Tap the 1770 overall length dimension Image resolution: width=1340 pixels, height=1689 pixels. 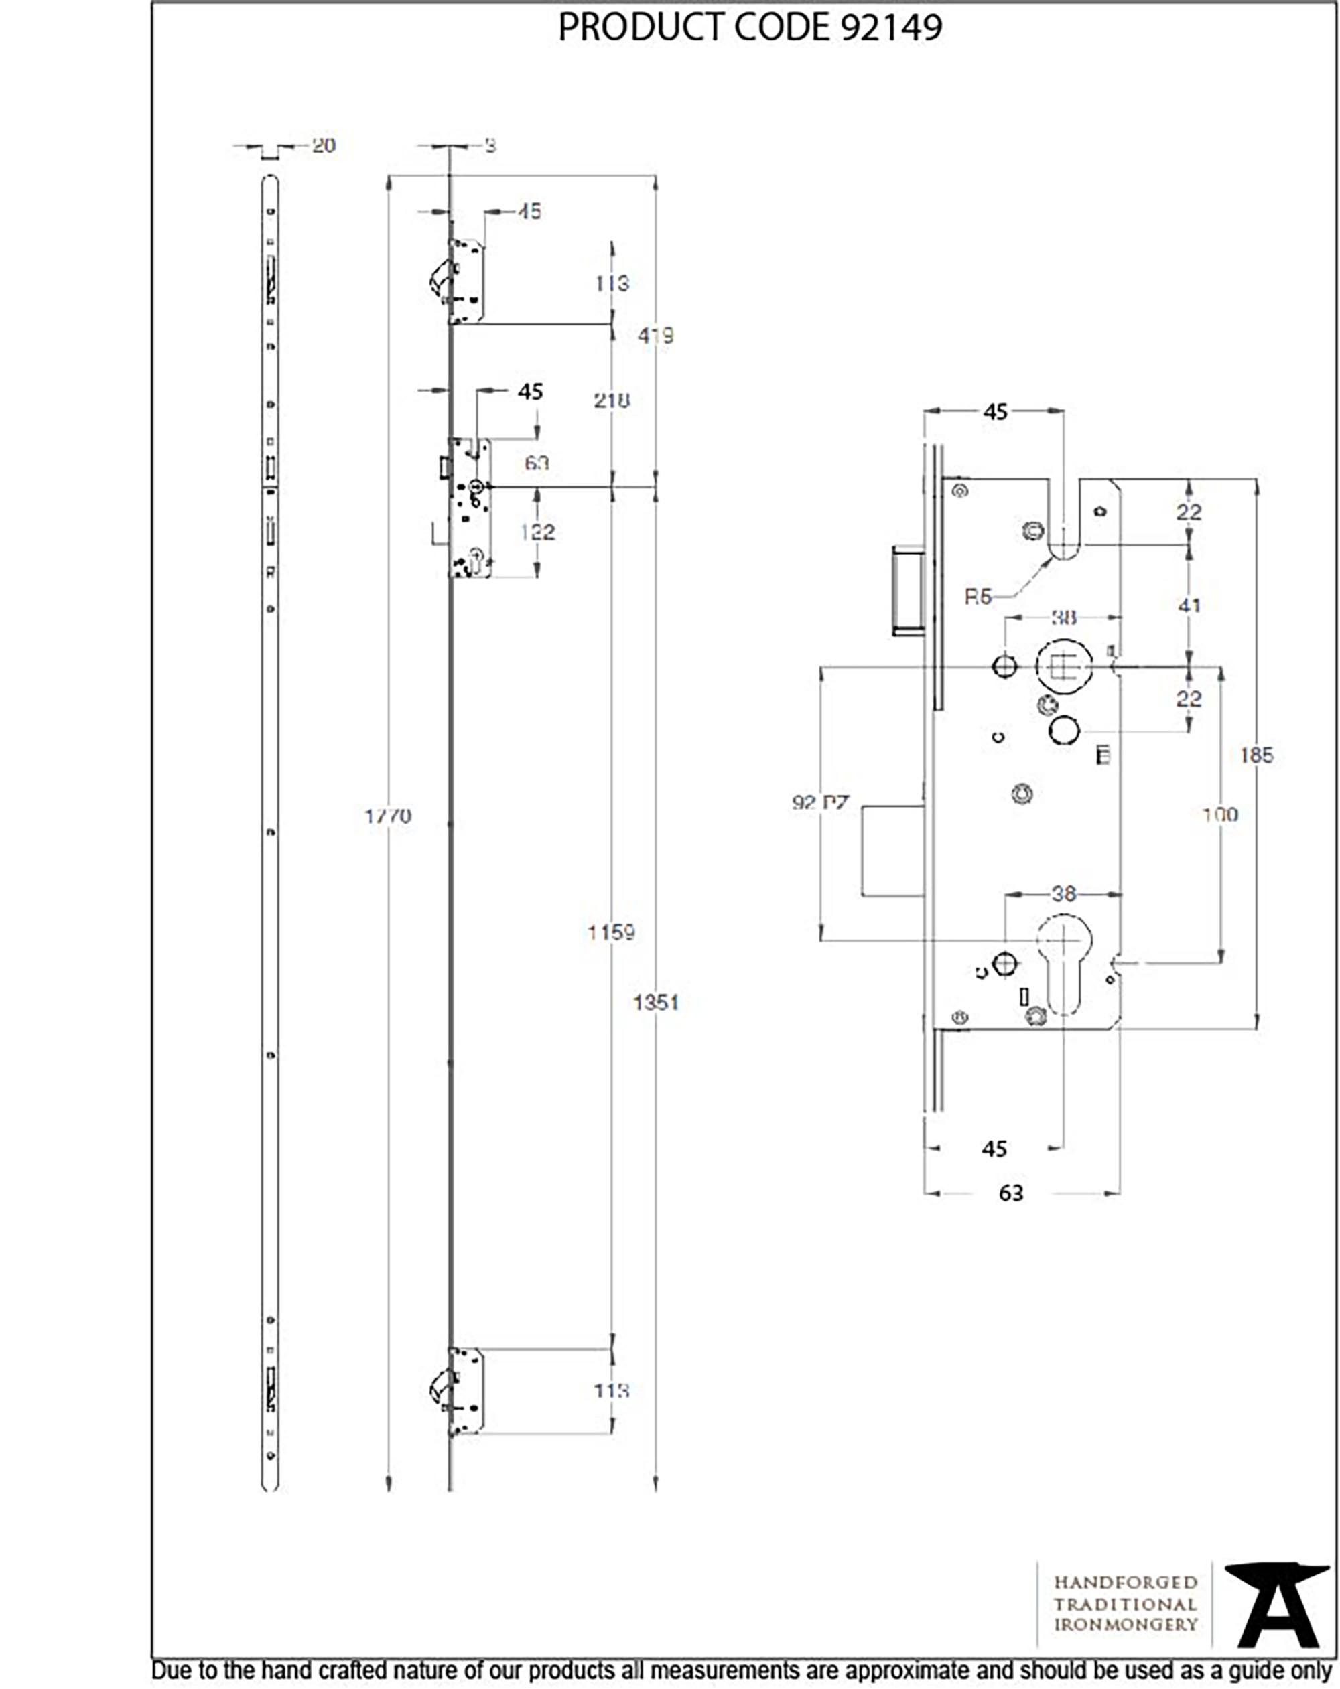(387, 816)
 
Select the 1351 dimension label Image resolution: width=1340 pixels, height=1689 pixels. (656, 1002)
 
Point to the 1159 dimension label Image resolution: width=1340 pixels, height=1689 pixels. (611, 932)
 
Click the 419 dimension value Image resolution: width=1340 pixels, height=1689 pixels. (655, 336)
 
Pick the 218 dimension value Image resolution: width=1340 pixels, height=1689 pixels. (611, 400)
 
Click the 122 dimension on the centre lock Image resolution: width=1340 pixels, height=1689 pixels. (537, 532)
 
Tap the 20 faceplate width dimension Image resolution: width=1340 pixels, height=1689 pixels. (324, 146)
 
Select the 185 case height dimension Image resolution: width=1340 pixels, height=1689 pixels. (1256, 755)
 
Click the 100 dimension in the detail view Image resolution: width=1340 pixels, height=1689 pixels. (1220, 815)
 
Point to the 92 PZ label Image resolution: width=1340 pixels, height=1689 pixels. (819, 803)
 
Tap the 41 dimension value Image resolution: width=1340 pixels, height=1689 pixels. (1189, 605)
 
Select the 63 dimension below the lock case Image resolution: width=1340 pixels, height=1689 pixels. (1011, 1193)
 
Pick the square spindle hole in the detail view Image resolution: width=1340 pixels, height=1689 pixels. (1063, 666)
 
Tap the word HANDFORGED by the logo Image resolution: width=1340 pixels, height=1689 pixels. (1126, 1583)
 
